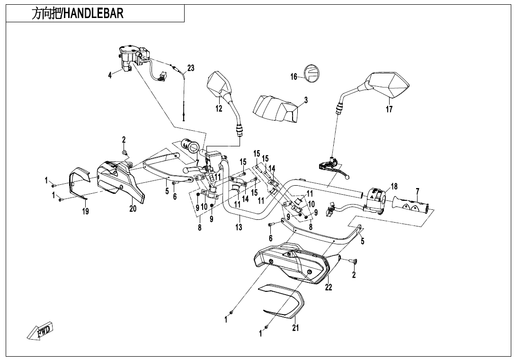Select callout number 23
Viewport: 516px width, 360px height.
(x=190, y=68)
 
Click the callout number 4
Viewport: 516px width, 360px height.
(x=110, y=75)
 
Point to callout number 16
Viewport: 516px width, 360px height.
(x=294, y=77)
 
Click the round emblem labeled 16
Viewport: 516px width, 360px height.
(x=311, y=73)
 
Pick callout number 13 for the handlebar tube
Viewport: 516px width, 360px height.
(x=239, y=228)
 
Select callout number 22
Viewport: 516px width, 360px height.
(x=329, y=287)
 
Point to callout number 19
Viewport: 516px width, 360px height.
(x=85, y=212)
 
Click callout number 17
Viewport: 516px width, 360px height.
(x=389, y=109)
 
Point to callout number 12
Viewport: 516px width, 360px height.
(x=219, y=108)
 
